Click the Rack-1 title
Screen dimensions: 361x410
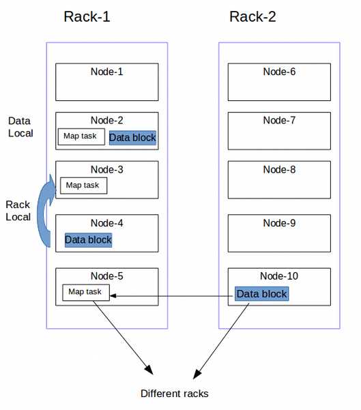[87, 17]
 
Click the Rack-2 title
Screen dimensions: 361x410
[252, 17]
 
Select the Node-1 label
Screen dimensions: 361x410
[106, 72]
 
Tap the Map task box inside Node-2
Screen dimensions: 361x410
[81, 136]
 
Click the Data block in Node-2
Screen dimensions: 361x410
[132, 138]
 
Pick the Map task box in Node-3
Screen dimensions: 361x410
[84, 186]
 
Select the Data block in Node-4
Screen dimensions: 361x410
[89, 239]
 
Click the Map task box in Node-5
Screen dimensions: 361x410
[86, 293]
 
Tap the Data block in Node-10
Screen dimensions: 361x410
[262, 293]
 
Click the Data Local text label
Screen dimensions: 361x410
[20, 127]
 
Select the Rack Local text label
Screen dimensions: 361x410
[18, 211]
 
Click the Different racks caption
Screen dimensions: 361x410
[175, 394]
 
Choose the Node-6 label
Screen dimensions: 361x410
[279, 72]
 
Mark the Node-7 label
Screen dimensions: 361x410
[279, 120]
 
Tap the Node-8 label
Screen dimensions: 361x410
[279, 169]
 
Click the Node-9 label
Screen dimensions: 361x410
[279, 223]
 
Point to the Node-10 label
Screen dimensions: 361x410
[279, 276]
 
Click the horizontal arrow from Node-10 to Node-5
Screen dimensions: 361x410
[171, 296]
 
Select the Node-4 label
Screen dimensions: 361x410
[106, 223]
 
